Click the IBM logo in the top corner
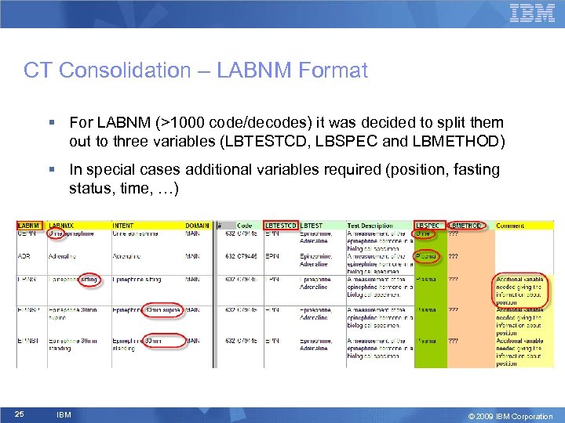532,13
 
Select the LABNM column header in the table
28,226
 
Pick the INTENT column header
123,226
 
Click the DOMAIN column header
198,226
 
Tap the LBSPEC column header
428,226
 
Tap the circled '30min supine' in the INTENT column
162,310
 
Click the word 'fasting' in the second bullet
478,170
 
